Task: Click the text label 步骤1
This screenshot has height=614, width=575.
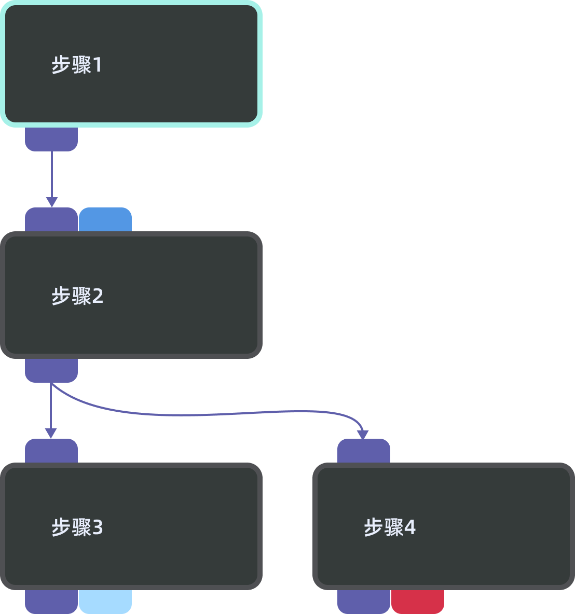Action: pos(77,65)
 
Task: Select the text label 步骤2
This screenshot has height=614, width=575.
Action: pos(77,296)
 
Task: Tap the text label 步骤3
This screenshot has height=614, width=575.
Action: pos(77,527)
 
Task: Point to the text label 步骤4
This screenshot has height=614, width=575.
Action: pos(390,527)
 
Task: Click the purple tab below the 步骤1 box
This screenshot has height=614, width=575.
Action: pos(51,139)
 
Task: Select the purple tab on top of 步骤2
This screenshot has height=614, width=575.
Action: pos(51,220)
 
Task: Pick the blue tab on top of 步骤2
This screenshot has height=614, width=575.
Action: pos(105,220)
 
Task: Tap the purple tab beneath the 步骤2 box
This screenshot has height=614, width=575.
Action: pos(51,370)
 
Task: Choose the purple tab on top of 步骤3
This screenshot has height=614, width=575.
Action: pos(51,451)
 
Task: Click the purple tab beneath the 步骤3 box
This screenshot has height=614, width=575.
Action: pos(51,602)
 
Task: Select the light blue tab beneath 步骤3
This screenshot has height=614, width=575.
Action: pos(105,602)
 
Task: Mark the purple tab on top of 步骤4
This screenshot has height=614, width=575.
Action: pos(364,451)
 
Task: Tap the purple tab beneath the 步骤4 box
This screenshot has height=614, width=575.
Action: pos(364,602)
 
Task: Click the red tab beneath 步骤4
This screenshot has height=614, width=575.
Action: pos(418,602)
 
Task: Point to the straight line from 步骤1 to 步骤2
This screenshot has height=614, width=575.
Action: pos(51,174)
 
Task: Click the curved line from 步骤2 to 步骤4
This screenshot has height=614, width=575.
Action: pos(208,414)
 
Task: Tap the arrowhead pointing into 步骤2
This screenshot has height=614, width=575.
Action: pos(51,202)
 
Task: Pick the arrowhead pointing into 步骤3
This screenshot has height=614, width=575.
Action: pos(51,434)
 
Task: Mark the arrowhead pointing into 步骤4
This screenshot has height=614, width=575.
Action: pos(363,434)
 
